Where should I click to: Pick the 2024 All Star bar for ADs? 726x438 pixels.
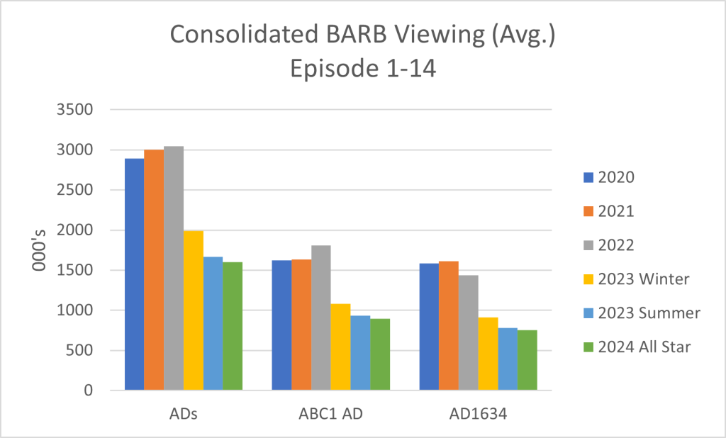[233, 326]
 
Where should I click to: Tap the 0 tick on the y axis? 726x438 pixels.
[89, 391]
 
